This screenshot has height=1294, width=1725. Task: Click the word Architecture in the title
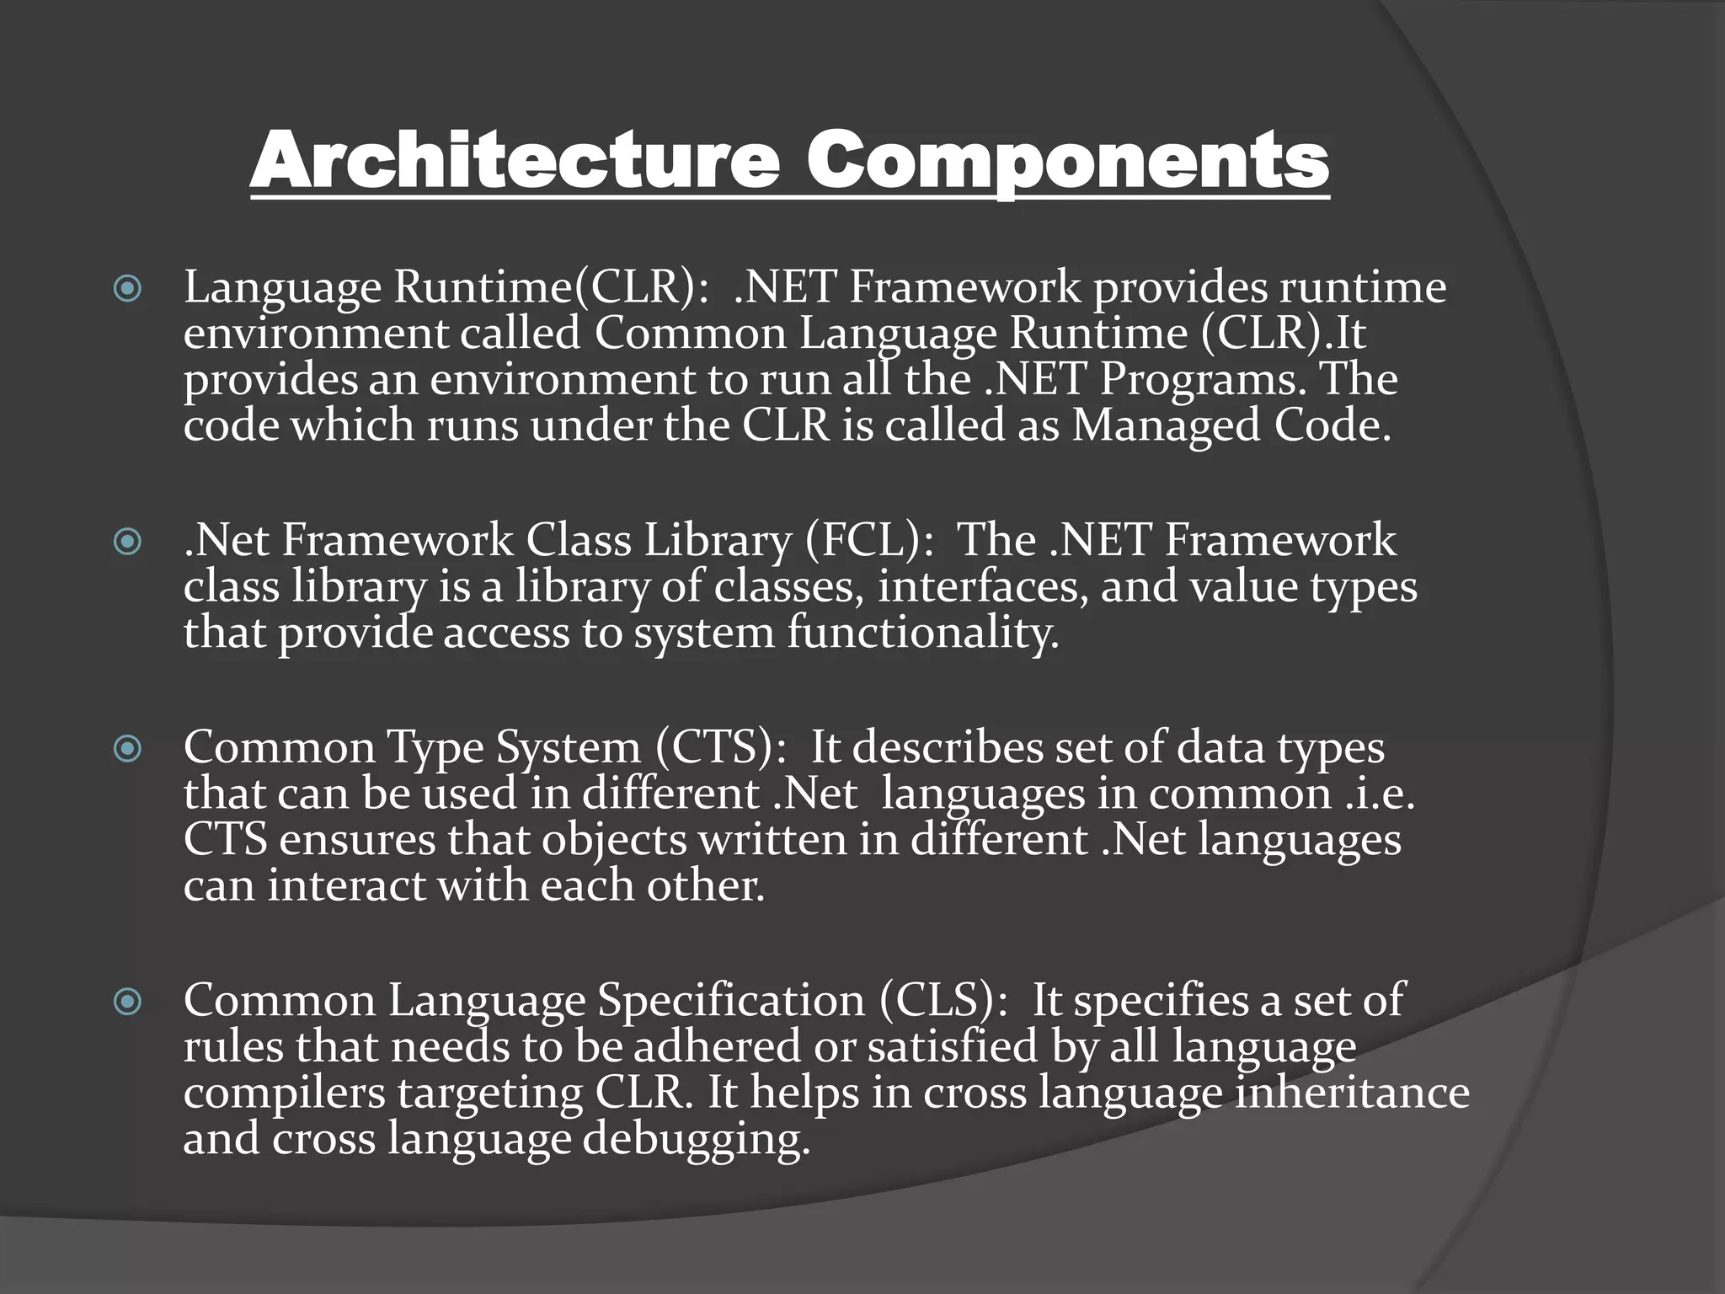[515, 161]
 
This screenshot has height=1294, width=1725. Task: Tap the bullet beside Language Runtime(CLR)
[127, 290]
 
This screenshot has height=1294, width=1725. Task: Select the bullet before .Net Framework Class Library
[127, 542]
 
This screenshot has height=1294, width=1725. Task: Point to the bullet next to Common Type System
[127, 748]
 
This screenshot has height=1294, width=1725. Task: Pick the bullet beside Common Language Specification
[127, 1002]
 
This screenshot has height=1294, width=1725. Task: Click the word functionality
[922, 633]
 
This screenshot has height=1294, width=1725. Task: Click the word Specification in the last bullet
[731, 1001]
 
